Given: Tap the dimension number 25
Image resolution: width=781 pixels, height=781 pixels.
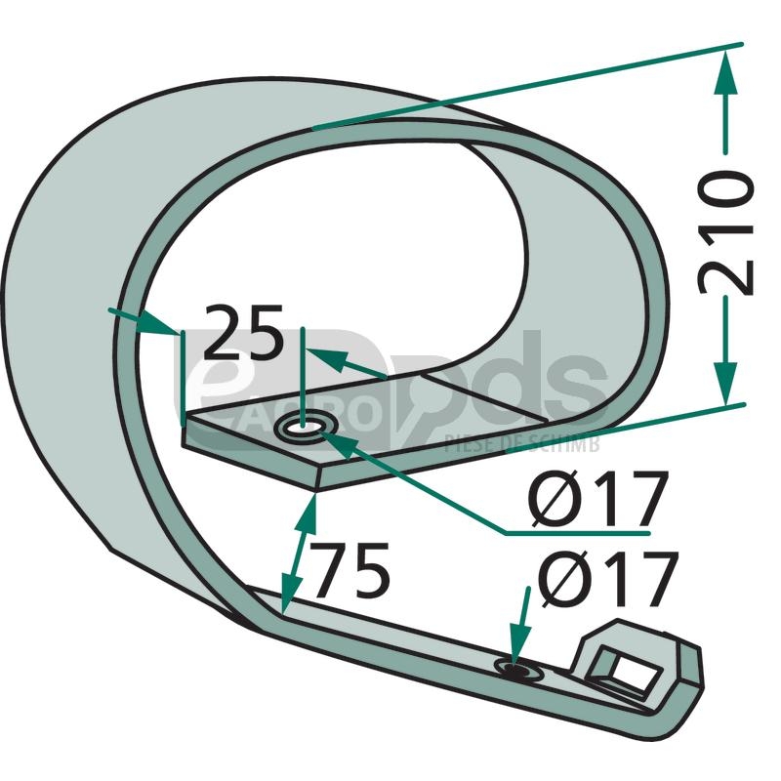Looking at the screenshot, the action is click(243, 331).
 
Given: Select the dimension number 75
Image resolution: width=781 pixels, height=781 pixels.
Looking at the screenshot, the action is click(351, 570).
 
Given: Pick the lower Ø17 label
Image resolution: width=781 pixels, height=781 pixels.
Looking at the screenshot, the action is click(607, 578).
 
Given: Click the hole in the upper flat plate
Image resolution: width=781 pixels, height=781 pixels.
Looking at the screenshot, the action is click(306, 426).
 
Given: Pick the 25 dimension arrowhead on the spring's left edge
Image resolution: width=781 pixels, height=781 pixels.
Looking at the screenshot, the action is click(158, 324).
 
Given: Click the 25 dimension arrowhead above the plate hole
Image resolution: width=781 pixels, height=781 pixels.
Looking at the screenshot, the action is click(327, 357).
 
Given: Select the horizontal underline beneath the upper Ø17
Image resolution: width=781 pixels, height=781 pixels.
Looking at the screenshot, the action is click(577, 533).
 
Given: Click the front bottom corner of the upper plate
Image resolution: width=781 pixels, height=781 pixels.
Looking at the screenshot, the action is click(316, 488).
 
